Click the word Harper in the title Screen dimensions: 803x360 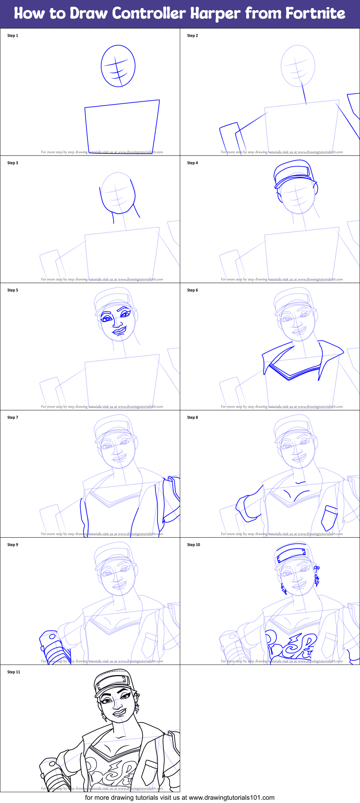[x=215, y=13]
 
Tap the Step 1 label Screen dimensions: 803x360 [x=13, y=36]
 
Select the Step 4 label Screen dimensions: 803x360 [x=192, y=163]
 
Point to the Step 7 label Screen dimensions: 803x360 [x=13, y=418]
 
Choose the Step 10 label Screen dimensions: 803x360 [x=194, y=545]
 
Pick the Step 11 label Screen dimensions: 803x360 [x=14, y=672]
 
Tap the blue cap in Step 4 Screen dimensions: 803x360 [x=293, y=172]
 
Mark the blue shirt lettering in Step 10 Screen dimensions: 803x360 [x=291, y=645]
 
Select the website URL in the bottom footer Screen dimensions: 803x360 [x=232, y=798]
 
